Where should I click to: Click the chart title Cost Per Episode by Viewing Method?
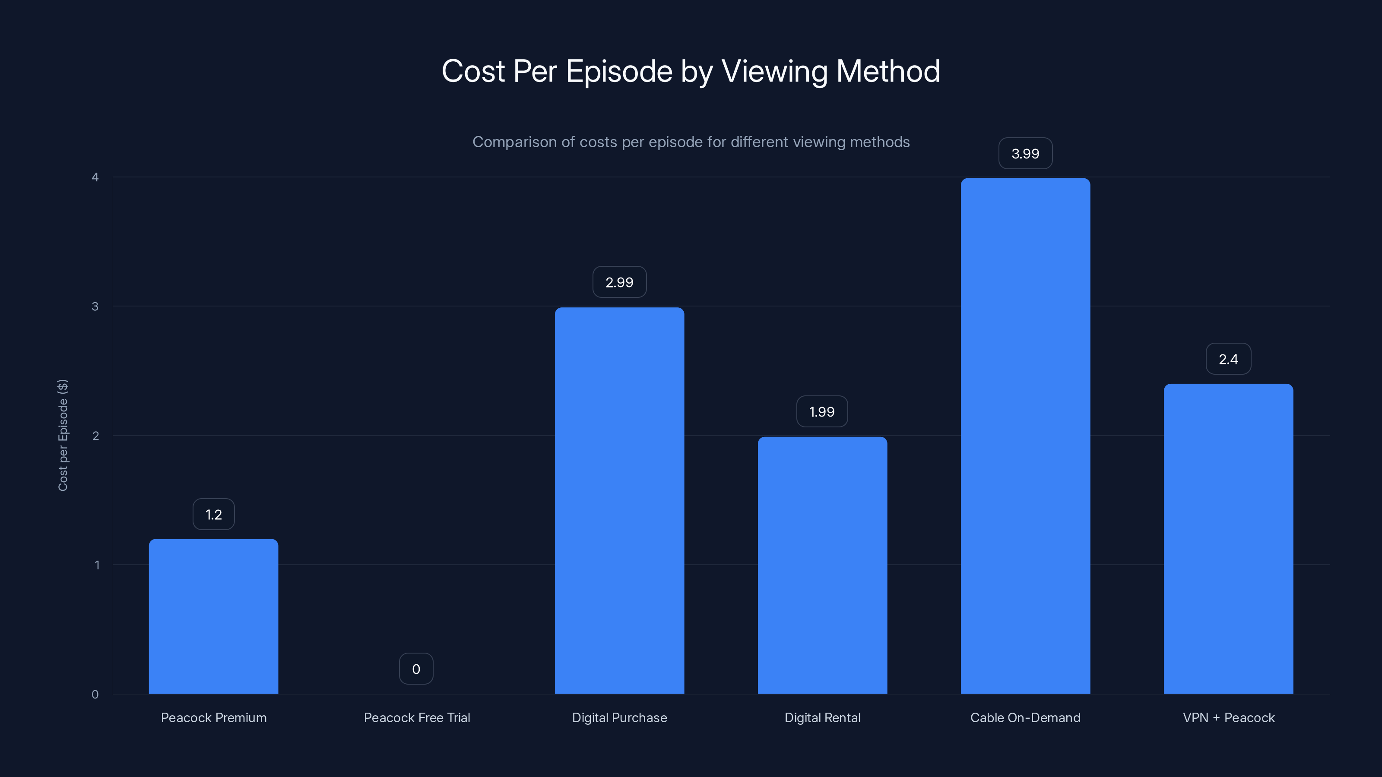point(691,71)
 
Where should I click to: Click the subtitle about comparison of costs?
point(691,142)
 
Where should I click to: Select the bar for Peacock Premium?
point(213,617)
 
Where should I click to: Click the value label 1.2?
point(213,515)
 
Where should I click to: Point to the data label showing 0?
point(416,669)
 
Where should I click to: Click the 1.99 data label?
point(822,412)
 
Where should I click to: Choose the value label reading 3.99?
point(1025,154)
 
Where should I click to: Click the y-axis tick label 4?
point(95,177)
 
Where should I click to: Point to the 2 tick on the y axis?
point(95,436)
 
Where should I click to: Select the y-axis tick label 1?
point(97,565)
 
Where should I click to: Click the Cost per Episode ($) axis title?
point(63,436)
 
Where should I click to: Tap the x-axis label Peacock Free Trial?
point(417,718)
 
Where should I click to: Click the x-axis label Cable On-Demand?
point(1025,718)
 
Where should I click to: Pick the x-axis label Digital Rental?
point(822,718)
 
